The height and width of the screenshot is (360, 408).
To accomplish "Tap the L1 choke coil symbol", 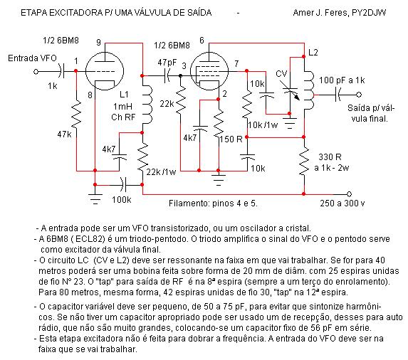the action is point(147,104).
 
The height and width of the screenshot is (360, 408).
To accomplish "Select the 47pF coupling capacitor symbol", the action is point(167,75).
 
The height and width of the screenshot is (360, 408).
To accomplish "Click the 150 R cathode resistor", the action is point(219,125).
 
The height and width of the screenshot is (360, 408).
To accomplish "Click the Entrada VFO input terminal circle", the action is point(36,71).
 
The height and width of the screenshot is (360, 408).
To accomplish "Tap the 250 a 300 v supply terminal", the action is point(349,194).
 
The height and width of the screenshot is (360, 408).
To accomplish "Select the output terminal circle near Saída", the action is point(359,95).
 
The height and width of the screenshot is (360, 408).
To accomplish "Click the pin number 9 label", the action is point(98,42).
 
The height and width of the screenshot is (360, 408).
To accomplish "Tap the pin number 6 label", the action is point(202,41).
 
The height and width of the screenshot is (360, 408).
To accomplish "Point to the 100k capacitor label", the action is point(122,200).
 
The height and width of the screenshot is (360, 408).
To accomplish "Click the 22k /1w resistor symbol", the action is point(142,158).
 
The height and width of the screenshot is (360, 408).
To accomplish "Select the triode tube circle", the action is point(105,71).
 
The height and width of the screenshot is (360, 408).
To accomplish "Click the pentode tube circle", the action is point(209,71).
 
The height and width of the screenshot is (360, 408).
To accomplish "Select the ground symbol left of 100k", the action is point(95,198).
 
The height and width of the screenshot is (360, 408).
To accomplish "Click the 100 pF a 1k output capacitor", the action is point(338,95).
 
